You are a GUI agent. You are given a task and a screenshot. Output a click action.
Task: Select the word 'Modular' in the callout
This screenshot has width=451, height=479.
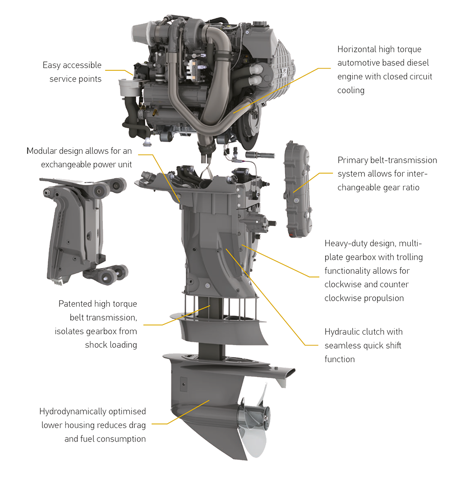(x=41, y=151)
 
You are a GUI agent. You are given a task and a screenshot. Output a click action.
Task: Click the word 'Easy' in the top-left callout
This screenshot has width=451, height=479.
(x=51, y=65)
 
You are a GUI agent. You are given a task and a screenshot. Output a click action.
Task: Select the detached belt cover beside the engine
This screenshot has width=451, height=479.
(x=298, y=189)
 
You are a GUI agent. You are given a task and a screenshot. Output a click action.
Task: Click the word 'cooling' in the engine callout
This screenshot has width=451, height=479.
(x=351, y=90)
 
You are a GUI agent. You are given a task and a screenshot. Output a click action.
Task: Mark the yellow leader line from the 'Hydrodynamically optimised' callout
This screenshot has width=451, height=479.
(x=180, y=412)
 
